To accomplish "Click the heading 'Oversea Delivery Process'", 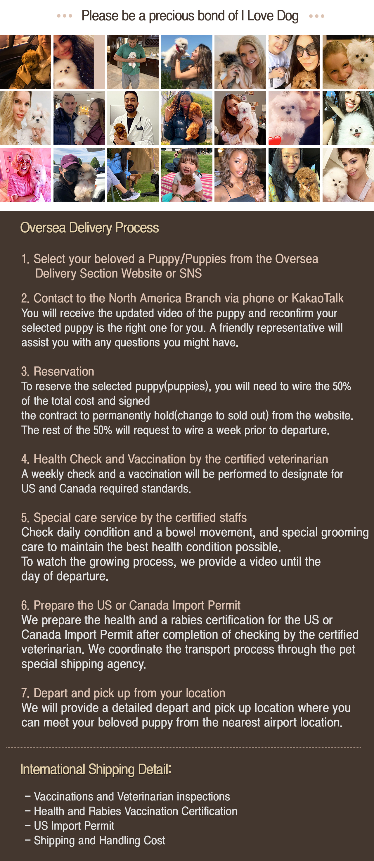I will coord(89,228).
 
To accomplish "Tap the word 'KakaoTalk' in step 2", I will coord(317,298).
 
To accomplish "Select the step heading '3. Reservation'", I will coord(58,371).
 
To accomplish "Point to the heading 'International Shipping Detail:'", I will coord(96,769).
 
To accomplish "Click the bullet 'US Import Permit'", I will coord(74,826).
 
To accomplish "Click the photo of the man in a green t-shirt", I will coord(133,62).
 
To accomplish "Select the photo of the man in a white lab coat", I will coord(133,118).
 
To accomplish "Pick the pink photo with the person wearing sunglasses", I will coord(25,175).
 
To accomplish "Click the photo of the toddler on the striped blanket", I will coord(186,175).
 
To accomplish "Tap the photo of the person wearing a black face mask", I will coord(79,175).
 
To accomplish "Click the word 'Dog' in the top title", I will coord(287,16).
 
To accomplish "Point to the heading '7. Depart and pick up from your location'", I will coord(124,693).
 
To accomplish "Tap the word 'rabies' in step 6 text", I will coord(187,620).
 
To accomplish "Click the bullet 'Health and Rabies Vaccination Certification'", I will coord(136,811).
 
